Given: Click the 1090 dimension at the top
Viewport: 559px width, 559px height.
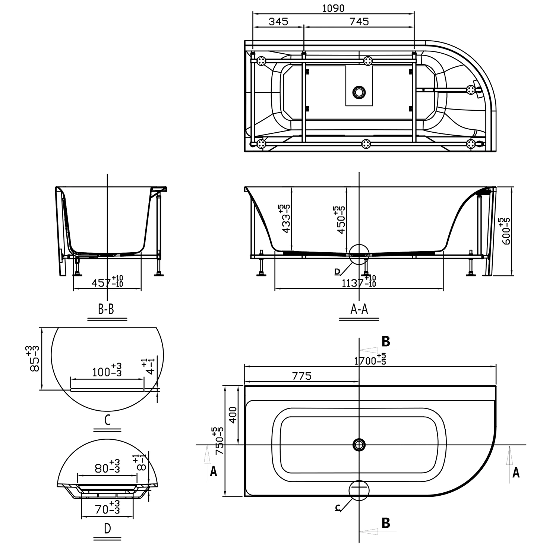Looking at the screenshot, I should (333, 8).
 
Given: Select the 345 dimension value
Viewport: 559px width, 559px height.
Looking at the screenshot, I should (278, 22).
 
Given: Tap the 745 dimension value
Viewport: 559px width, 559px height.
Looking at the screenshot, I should (359, 22).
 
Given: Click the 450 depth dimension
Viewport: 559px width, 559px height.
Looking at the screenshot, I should (340, 220).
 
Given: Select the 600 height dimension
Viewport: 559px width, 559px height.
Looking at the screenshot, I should (506, 231).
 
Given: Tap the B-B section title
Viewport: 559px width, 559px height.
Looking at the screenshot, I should (106, 309).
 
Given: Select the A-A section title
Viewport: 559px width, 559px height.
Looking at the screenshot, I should (359, 309).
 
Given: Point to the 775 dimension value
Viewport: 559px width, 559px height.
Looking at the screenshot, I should (301, 376).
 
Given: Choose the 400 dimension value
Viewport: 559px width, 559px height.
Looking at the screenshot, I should (233, 415).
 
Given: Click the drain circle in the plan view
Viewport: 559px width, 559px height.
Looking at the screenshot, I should (359, 445).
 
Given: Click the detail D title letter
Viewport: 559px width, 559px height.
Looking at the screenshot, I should (107, 528).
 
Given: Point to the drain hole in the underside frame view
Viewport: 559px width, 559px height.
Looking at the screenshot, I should (359, 92).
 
